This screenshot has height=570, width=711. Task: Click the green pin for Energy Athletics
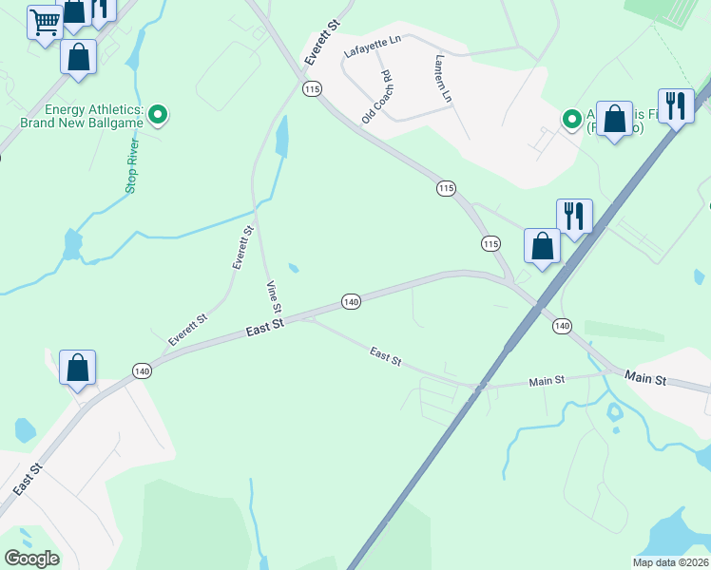tap(159, 116)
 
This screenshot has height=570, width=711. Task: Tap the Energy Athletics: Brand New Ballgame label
tap(82, 116)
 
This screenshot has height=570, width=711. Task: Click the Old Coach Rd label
tap(376, 97)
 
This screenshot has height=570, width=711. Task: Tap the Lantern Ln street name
tap(442, 79)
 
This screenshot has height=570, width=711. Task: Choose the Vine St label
tap(274, 297)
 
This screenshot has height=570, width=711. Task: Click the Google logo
tap(31, 559)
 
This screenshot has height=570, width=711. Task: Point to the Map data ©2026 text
tap(670, 562)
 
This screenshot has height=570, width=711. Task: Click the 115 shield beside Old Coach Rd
tap(313, 88)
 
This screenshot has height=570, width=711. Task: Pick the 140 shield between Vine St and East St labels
tap(351, 301)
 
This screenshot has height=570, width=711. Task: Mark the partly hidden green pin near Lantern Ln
tap(571, 119)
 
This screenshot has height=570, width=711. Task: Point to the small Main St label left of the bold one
tap(547, 380)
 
